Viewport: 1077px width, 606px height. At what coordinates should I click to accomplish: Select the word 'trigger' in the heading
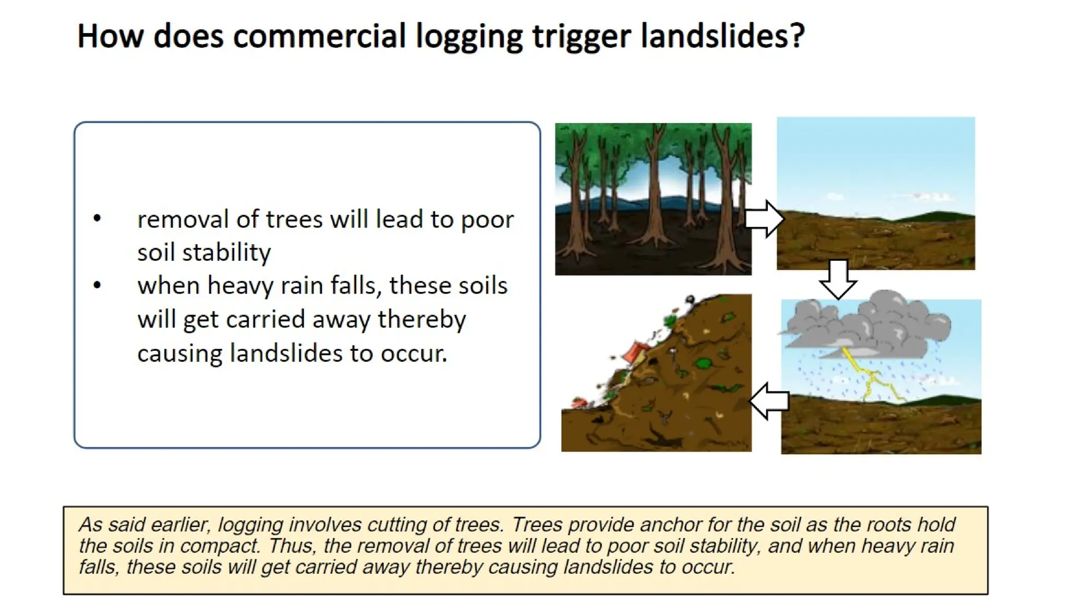tap(581, 37)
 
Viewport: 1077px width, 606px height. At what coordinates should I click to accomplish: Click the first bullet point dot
tap(97, 218)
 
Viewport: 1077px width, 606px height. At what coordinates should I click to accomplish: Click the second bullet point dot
tap(97, 285)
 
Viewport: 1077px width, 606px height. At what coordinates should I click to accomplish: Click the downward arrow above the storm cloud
tap(838, 279)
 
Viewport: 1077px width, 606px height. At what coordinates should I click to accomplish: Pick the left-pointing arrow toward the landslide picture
tap(769, 401)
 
